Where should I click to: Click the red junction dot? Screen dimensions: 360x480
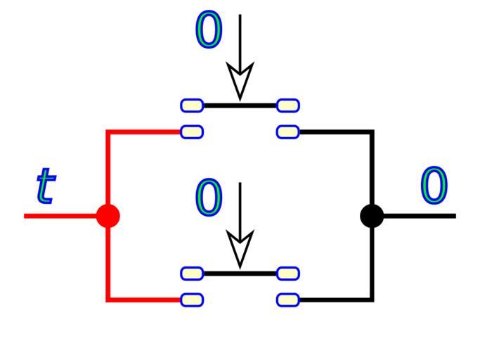point(108,215)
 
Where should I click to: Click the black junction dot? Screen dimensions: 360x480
point(372,215)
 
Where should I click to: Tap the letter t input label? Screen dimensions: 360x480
point(45,186)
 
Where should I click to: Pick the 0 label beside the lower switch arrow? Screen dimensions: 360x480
point(209,198)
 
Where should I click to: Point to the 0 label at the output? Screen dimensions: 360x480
point(434,186)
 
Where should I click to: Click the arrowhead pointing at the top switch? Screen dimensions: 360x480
point(240,82)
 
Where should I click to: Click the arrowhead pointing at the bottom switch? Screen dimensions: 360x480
point(240,250)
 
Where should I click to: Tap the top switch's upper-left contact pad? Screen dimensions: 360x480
point(192,105)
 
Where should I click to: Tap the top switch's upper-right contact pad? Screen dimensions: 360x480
point(288,105)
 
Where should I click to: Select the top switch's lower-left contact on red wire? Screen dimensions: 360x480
point(192,131)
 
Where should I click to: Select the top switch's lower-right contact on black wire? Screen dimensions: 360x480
point(288,131)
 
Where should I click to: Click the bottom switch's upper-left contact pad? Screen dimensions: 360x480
point(192,274)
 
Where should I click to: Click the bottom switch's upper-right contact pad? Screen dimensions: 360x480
point(288,274)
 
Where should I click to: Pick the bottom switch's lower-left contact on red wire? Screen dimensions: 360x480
point(192,300)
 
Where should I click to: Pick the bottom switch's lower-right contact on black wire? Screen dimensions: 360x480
point(288,300)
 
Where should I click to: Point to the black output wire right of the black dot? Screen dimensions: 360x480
point(422,215)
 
